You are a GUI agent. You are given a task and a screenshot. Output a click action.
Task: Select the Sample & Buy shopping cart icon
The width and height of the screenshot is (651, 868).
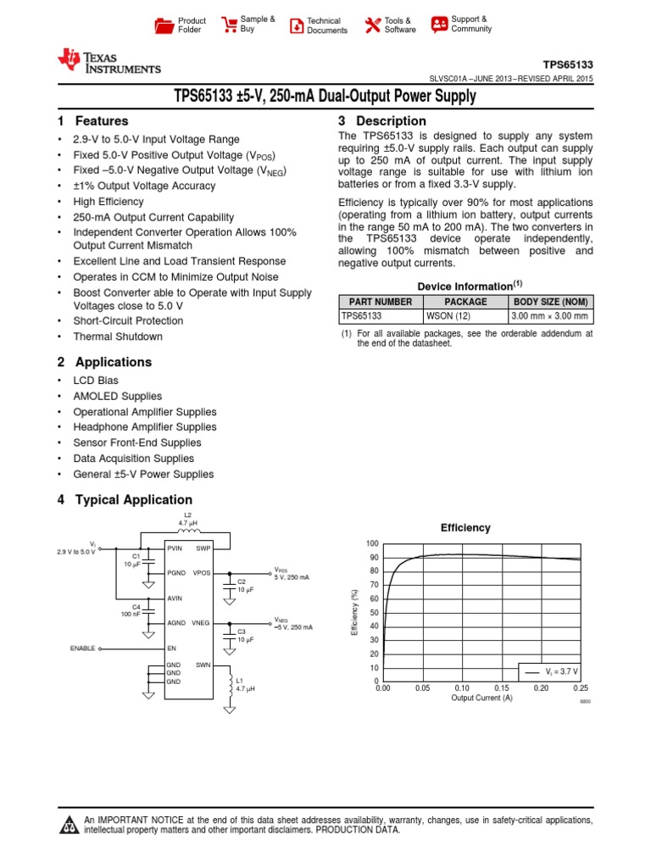tap(229, 25)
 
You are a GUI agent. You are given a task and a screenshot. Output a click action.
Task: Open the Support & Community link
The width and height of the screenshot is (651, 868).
tap(439, 25)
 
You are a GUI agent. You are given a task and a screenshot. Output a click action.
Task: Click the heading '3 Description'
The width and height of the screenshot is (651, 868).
tap(381, 121)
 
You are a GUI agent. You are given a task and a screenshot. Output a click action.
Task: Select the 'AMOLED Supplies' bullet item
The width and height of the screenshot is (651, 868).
tap(119, 397)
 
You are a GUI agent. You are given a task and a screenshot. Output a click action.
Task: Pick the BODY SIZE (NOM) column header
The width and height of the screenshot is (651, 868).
tap(550, 302)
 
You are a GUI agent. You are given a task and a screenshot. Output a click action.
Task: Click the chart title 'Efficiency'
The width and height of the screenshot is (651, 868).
tap(465, 528)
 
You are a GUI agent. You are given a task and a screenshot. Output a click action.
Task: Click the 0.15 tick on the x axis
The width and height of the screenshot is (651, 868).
tap(502, 688)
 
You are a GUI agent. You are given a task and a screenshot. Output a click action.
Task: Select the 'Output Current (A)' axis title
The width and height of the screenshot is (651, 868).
tap(481, 698)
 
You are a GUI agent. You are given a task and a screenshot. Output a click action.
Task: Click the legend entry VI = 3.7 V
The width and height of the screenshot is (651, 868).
tap(551, 670)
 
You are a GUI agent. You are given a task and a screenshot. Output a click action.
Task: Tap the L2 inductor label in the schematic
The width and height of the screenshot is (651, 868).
tap(188, 515)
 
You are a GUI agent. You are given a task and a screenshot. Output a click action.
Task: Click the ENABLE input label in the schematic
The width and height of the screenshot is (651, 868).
tap(82, 648)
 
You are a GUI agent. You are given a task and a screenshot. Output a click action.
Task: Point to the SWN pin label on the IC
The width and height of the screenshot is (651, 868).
tap(203, 665)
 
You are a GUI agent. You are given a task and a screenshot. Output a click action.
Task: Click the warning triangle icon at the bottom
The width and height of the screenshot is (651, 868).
tap(67, 826)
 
